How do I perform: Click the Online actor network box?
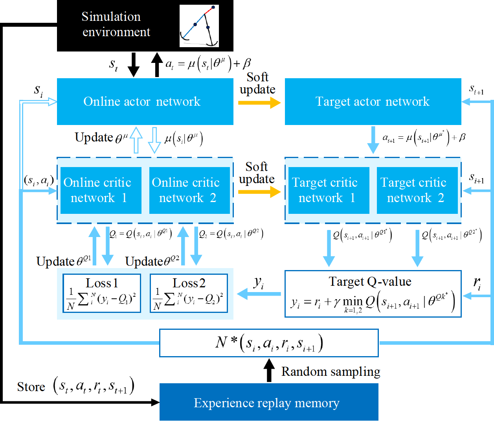[x=145, y=101]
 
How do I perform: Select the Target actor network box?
[x=373, y=101]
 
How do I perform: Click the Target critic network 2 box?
[x=417, y=190]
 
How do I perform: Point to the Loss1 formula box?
[x=102, y=293]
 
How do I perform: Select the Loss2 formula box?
[x=189, y=293]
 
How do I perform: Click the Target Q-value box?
[x=373, y=293]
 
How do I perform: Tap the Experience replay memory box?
[x=269, y=403]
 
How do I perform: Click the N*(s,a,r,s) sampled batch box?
[x=269, y=343]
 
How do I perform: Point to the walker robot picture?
[x=199, y=26]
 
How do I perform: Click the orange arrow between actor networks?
[x=259, y=103]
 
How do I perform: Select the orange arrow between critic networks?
[x=259, y=192]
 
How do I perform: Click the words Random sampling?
[x=331, y=371]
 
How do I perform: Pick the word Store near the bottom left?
[x=31, y=387]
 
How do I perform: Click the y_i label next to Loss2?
[x=259, y=282]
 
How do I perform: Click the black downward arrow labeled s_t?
[x=134, y=65]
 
